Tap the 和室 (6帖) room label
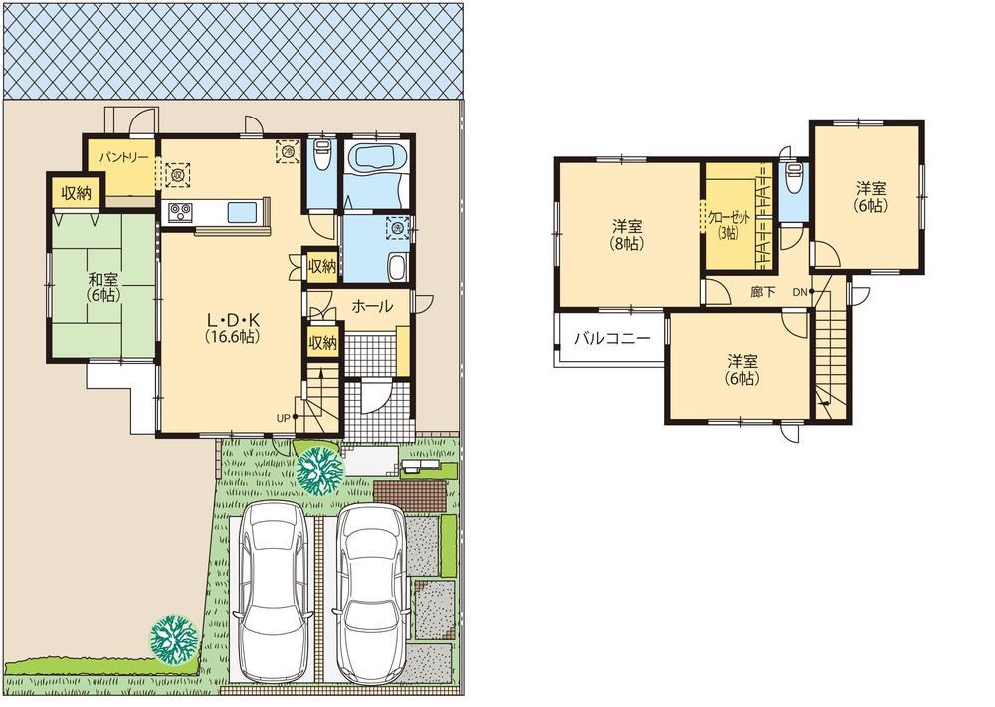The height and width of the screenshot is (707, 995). click(102, 287)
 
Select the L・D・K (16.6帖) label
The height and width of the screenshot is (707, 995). click(233, 328)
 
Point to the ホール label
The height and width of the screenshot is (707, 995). click(371, 307)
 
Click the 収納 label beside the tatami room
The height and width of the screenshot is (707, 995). click(76, 193)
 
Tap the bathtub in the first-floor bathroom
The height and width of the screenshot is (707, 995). click(376, 159)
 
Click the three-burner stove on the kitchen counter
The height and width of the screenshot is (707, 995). click(181, 212)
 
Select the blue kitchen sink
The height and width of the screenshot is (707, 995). click(243, 212)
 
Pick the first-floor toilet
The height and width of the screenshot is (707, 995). click(322, 158)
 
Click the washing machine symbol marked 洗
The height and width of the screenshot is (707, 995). click(398, 227)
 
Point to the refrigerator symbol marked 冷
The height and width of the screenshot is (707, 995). click(287, 150)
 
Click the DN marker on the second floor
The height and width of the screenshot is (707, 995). click(800, 292)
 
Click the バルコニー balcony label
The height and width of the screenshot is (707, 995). click(612, 339)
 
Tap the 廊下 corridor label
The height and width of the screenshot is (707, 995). click(764, 293)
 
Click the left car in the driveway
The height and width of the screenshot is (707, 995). click(271, 588)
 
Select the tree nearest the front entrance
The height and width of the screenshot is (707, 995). click(319, 468)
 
